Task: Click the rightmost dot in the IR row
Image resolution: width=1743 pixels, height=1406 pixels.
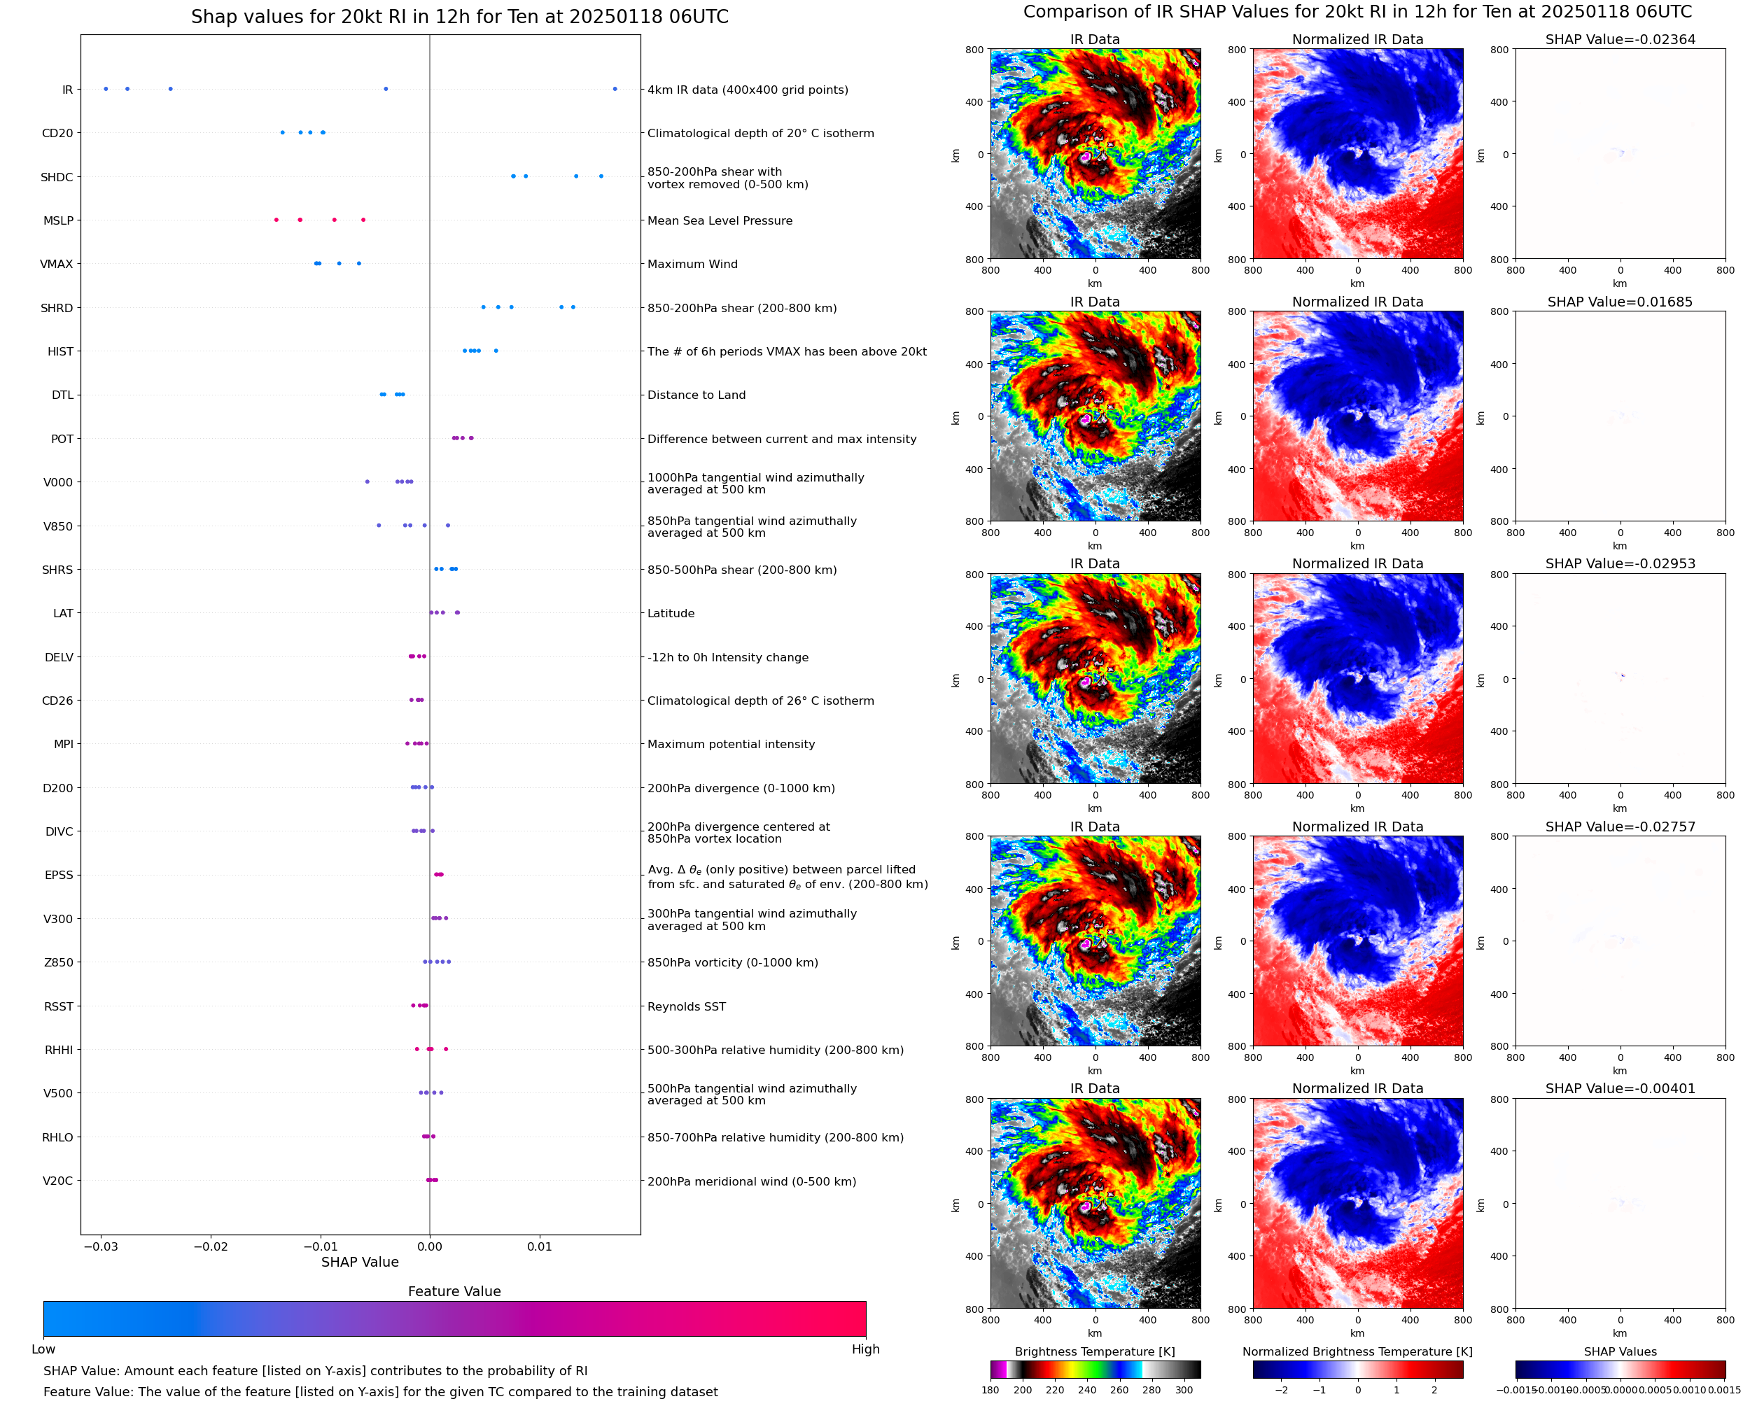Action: coord(615,89)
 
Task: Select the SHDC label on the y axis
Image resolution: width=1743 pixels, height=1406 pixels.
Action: coord(57,177)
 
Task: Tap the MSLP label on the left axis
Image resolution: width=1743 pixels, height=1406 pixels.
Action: coord(58,221)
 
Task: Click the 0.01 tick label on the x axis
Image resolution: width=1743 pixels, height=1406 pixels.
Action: coord(540,1246)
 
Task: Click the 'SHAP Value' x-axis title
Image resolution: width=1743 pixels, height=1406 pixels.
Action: coord(360,1262)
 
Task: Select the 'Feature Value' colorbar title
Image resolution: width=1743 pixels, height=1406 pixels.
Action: coord(454,1291)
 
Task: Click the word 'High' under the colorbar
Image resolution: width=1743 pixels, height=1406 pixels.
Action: coord(865,1349)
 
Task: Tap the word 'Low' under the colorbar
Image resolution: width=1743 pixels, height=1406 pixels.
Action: coord(43,1349)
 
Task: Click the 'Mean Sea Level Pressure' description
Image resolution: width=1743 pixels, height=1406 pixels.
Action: coord(719,221)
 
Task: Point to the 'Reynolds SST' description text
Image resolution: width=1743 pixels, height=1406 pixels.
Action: coord(686,1006)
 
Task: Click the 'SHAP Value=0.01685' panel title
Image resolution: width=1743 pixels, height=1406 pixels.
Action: coord(1620,302)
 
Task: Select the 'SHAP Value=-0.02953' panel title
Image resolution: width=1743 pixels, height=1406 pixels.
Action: coord(1620,563)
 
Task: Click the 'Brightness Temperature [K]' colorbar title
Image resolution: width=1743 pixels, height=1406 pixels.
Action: coord(1094,1351)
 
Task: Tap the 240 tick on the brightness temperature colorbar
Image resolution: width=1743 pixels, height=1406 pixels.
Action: coord(1087,1390)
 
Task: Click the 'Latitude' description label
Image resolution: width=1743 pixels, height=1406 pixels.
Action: coord(671,613)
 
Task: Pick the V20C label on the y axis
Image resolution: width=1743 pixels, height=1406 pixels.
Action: coord(57,1181)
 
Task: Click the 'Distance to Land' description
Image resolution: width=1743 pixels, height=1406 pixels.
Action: coord(696,395)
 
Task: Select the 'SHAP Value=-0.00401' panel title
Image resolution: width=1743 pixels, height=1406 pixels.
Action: coord(1620,1088)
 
